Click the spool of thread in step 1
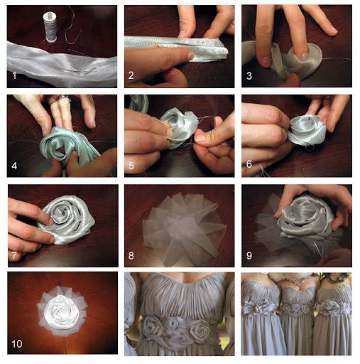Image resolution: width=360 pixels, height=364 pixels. coord(50,27)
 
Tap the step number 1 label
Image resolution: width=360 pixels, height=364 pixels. coord(14,75)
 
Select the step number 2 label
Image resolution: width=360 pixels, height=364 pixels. coord(131,75)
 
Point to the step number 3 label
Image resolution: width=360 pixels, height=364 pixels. coord(249,76)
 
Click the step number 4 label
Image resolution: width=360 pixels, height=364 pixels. coord(14,166)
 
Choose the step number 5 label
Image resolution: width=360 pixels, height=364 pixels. coord(131,166)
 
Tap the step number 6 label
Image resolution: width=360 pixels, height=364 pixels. coord(249,164)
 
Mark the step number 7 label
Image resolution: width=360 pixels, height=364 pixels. coord(14,256)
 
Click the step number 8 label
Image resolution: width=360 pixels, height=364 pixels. coord(131,256)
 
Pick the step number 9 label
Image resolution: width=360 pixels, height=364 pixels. coord(249,256)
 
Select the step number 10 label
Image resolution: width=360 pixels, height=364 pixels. coord(17,344)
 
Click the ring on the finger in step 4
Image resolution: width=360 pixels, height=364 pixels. coord(62,97)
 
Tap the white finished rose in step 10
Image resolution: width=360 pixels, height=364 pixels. coord(62,312)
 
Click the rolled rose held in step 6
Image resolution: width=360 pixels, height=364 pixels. coord(307,130)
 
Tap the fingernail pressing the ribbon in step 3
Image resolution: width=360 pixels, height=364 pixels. coord(305,55)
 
